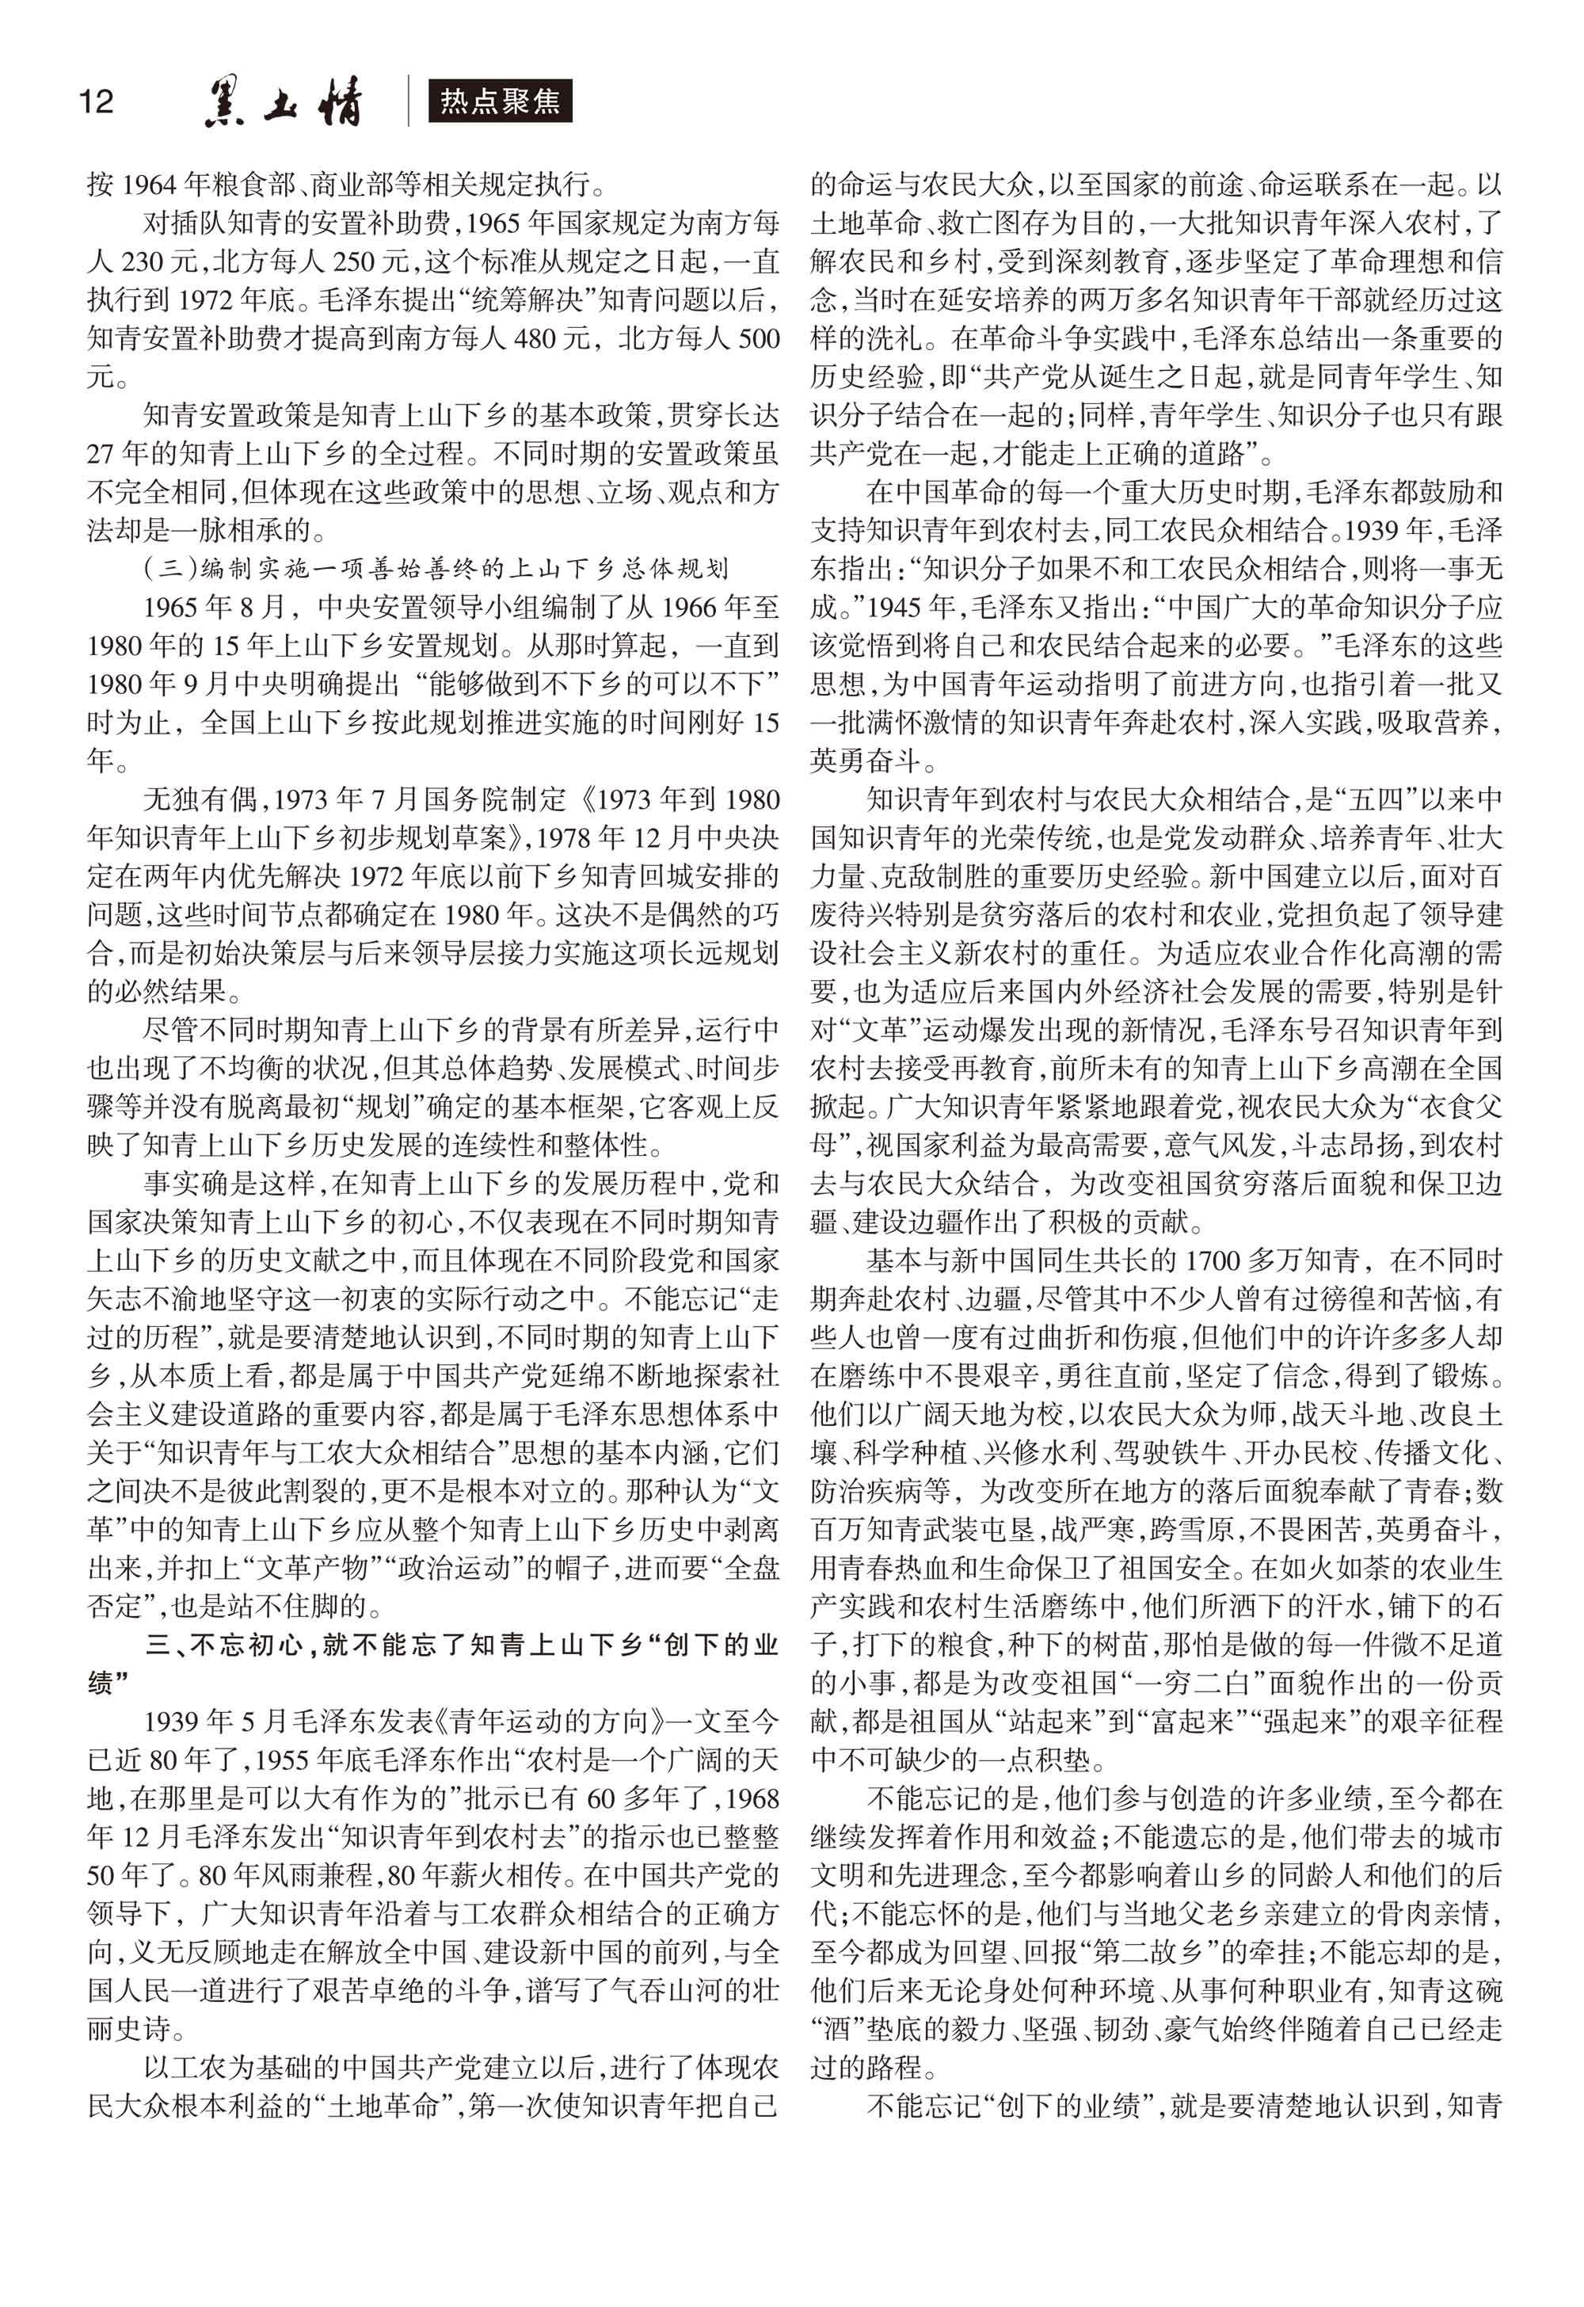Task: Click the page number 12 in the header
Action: click(97, 101)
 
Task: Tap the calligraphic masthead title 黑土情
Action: click(284, 102)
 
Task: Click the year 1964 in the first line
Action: click(148, 185)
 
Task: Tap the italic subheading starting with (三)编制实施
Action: click(436, 569)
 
